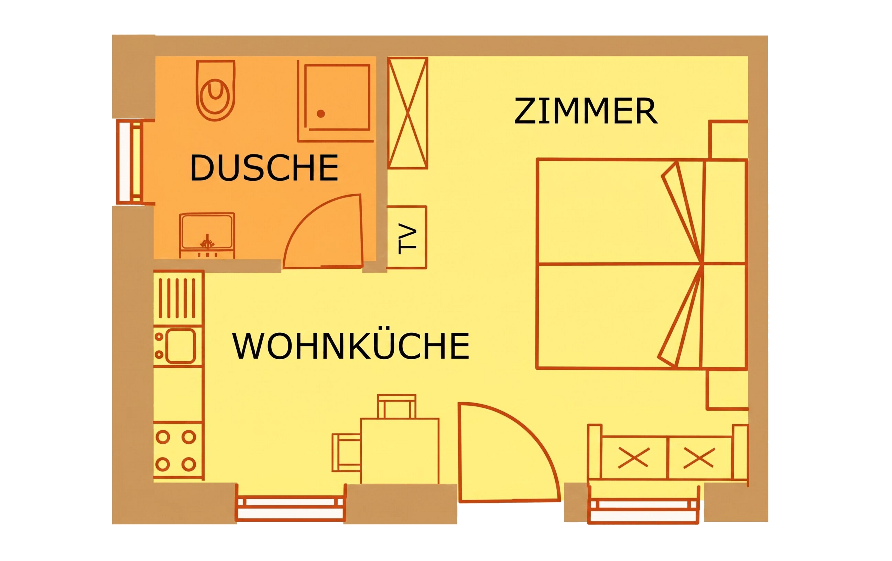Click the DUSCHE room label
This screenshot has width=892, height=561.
point(264,168)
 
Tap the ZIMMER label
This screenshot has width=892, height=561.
point(586,111)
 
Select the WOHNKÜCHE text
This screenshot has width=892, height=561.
point(351,346)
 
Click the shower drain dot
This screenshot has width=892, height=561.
point(321,114)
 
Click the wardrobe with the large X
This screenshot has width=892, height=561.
point(407,113)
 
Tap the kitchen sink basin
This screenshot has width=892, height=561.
point(180,346)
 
